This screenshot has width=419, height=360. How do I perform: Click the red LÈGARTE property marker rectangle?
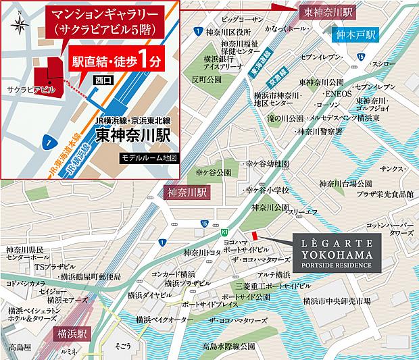tap(255, 235)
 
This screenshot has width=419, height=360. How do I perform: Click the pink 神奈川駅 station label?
tap(185, 192)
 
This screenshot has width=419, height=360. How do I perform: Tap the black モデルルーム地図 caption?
tap(140, 157)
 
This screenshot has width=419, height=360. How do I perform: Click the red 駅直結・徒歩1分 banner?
tap(114, 63)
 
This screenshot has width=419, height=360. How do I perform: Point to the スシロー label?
tap(393, 63)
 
